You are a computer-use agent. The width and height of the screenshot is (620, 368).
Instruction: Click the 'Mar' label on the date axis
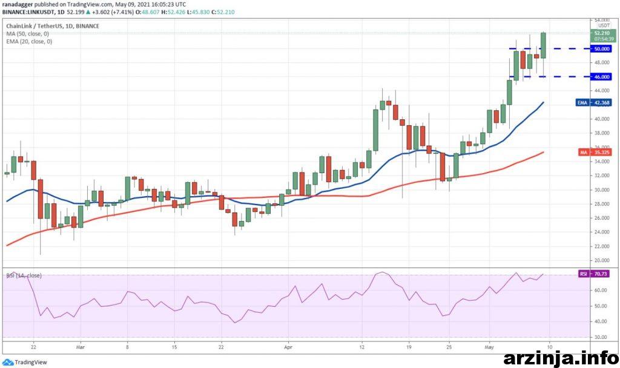click(81, 348)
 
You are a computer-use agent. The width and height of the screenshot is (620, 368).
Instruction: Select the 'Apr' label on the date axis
click(288, 348)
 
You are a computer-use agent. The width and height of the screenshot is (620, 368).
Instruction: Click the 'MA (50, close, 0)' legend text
click(28, 34)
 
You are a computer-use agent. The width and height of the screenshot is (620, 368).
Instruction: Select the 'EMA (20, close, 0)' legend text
click(29, 41)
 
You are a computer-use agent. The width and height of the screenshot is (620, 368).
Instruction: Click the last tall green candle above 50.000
click(544, 45)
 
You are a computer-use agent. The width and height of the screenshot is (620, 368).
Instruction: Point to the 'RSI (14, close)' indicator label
click(24, 275)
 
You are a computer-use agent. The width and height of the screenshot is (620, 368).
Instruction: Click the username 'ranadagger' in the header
click(19, 4)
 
